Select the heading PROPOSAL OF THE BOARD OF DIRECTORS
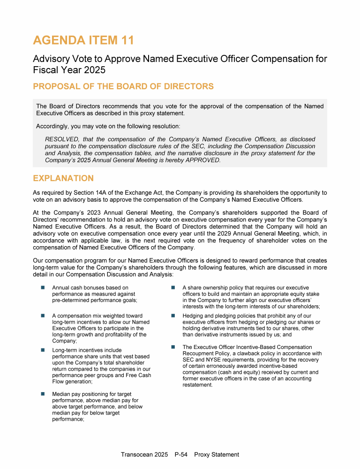(123, 86)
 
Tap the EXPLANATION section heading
(63, 178)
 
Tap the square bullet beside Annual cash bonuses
(42, 287)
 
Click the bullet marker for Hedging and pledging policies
(172, 316)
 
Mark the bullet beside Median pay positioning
(42, 394)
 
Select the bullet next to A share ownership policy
(172, 287)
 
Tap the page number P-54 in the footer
(181, 454)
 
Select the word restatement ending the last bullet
(197, 385)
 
